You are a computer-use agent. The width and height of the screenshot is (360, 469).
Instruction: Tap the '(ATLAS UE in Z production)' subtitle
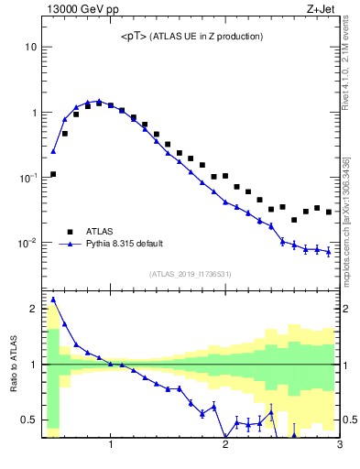208,37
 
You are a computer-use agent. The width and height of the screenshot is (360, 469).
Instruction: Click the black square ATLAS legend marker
69,232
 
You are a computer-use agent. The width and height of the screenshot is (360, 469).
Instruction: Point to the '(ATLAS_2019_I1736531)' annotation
191,273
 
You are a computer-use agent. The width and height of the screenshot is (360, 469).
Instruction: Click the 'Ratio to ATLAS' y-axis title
13,364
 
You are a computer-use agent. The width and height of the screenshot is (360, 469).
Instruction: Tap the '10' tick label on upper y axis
30,47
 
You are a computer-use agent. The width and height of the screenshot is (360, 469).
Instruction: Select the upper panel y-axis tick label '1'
34,113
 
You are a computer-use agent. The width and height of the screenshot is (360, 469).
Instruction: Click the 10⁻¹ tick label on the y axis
28,177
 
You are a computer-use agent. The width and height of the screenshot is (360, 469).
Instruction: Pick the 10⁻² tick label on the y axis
28,243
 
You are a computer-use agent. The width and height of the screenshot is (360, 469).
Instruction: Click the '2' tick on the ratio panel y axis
34,309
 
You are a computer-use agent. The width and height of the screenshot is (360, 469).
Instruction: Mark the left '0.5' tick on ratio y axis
29,420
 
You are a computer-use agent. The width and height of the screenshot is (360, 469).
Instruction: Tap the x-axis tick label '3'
339,446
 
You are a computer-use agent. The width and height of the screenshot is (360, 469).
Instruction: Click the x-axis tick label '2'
225,446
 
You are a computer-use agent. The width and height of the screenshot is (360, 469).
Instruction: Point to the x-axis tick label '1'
111,446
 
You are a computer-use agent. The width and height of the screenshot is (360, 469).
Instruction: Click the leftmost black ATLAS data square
53,174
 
